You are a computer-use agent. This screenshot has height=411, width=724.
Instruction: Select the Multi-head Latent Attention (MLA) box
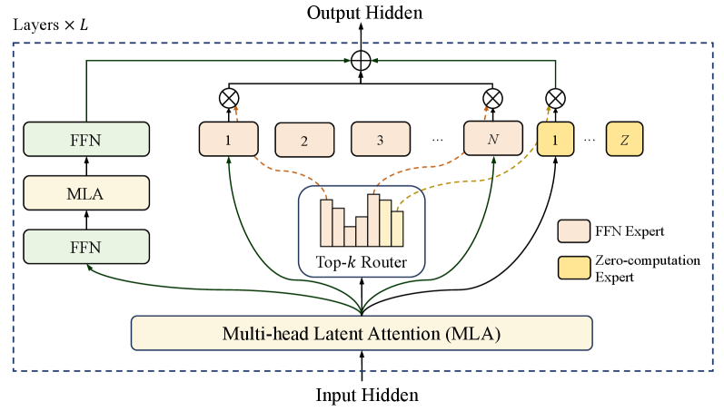pos(362,333)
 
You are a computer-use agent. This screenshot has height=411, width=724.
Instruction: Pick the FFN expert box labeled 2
pos(303,141)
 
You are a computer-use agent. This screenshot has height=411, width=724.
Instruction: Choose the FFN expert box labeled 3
pos(380,141)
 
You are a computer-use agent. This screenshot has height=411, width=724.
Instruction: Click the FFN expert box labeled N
pos(492,140)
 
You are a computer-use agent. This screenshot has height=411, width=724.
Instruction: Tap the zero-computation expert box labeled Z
pos(624,140)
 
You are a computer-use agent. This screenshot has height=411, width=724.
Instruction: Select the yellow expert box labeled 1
pos(556,140)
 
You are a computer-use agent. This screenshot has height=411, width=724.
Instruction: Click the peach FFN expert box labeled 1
pos(227,140)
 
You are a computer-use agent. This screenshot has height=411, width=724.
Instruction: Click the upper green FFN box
pos(85,141)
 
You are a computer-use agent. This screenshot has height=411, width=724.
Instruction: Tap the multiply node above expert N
pos(492,96)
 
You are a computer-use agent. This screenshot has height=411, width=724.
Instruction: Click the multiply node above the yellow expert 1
pos(555,96)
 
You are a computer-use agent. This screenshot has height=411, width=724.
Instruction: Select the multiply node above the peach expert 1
pos(227,96)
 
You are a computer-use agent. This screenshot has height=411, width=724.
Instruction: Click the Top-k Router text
pos(362,264)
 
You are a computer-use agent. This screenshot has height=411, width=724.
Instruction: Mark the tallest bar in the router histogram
pos(373,220)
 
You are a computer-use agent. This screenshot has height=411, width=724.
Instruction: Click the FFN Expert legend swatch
pos(570,231)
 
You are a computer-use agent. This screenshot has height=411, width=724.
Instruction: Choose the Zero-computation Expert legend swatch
pos(570,268)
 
